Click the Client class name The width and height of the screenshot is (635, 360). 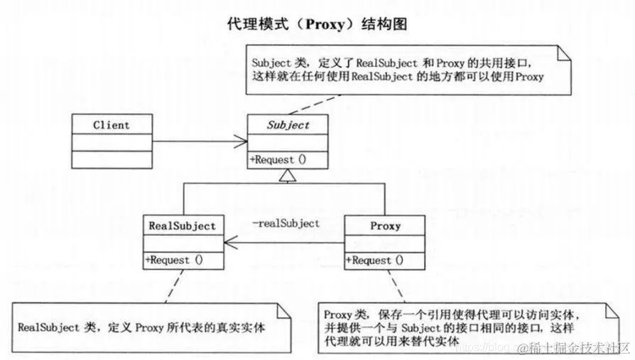tap(112, 125)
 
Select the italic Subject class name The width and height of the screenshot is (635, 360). tap(288, 126)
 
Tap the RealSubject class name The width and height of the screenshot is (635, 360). tap(183, 226)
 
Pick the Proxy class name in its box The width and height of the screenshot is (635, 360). tap(385, 226)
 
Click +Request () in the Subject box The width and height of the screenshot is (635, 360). tap(278, 160)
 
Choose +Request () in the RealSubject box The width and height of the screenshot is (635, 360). tap(174, 260)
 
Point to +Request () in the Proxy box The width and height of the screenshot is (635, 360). tap(375, 261)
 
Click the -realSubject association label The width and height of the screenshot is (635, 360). tap(286, 223)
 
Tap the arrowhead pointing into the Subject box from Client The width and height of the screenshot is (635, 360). tap(241, 141)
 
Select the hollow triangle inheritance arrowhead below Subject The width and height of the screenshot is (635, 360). tap(288, 175)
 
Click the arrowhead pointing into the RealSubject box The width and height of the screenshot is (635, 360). tap(231, 243)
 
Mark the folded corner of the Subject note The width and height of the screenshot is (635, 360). tap(564, 53)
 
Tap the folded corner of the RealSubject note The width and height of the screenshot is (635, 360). tap(284, 310)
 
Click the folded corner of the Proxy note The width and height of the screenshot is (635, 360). tap(612, 310)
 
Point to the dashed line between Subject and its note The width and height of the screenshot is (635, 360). tap(314, 105)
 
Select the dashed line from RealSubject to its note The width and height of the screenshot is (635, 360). tap(174, 286)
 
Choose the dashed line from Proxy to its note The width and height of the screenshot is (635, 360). tap(396, 286)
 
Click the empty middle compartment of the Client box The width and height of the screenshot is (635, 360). tap(112, 143)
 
